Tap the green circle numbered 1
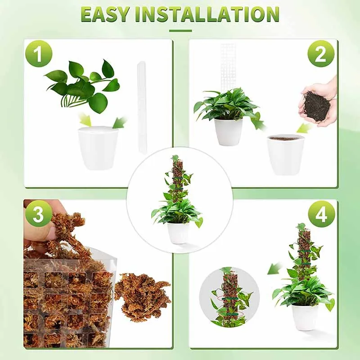tap(38, 54)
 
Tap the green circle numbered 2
tap(321, 54)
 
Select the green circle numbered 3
tap(38, 214)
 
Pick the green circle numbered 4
tap(321, 214)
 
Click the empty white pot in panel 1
tap(98, 147)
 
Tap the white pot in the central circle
tap(178, 232)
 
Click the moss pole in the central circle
tap(176, 180)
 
